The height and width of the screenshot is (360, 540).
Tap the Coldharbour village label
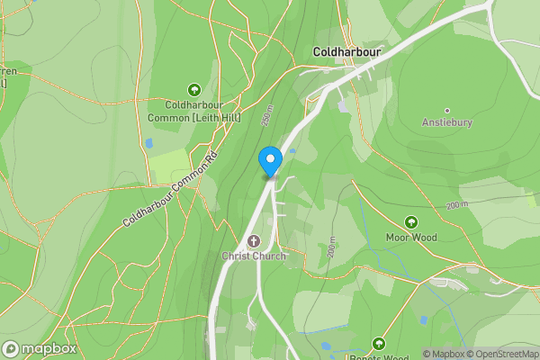(346, 53)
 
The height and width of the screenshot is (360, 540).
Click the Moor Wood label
(411, 238)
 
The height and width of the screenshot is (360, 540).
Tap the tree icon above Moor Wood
(411, 221)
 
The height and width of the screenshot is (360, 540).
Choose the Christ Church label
(254, 256)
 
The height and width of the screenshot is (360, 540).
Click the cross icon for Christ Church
(254, 240)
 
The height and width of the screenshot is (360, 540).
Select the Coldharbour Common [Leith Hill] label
(193, 112)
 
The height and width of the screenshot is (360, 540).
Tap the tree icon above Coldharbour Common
(193, 89)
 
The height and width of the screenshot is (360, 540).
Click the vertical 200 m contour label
(332, 247)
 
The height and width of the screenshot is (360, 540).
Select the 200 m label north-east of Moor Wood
(456, 205)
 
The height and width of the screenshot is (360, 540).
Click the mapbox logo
(40, 348)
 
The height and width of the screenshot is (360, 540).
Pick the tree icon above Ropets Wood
(379, 343)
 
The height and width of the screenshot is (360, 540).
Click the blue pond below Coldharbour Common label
(148, 143)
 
